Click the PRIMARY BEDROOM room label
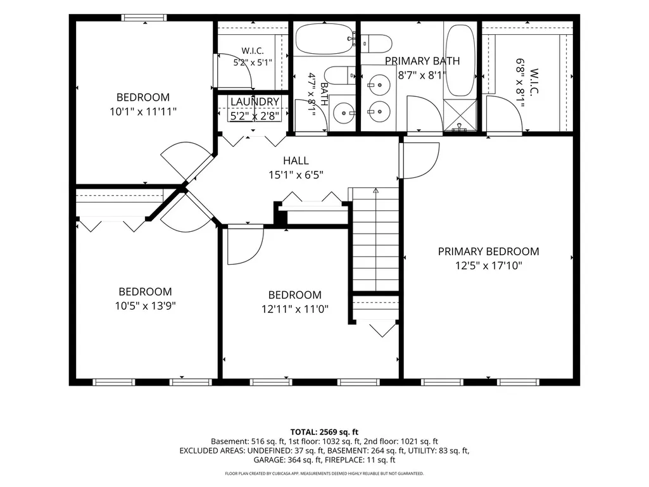(488, 251)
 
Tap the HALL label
(296, 160)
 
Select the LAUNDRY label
(255, 101)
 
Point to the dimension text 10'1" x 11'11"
(143, 111)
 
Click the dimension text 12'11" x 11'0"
(295, 309)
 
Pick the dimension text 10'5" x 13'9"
(145, 306)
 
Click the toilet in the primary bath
(377, 44)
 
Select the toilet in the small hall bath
(339, 75)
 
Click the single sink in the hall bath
(344, 112)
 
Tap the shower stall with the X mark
(460, 115)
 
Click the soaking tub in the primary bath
(461, 60)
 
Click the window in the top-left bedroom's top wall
(144, 17)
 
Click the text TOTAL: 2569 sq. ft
(324, 433)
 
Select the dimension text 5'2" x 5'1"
(253, 63)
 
